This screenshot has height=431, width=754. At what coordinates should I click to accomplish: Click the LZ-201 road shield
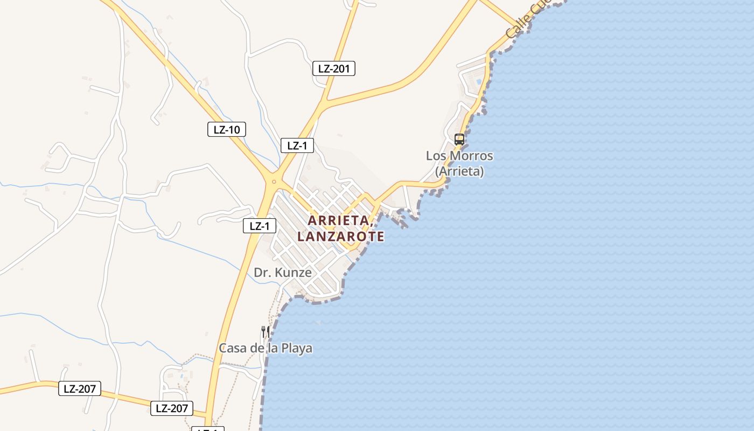[333, 68]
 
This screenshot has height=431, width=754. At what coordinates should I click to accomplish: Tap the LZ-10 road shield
[227, 129]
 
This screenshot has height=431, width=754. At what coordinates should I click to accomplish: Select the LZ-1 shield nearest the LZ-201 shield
[297, 145]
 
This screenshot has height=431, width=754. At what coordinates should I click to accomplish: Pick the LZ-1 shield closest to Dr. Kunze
[260, 226]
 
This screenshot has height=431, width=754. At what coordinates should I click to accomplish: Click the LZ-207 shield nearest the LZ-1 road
[171, 408]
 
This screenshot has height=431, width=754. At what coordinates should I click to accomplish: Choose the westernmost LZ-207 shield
[80, 388]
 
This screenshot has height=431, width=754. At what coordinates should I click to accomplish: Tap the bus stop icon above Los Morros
[459, 139]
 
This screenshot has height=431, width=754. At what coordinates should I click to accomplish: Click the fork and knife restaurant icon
[265, 331]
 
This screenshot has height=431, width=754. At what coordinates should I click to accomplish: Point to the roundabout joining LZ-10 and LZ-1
[274, 182]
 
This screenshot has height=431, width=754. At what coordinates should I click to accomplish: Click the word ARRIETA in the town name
[339, 220]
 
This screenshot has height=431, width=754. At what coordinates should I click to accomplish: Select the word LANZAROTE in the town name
[340, 237]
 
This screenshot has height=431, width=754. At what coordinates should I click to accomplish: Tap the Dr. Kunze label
[283, 273]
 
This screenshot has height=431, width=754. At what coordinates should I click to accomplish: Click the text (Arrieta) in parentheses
[459, 171]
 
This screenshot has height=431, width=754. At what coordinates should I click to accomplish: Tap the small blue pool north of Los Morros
[478, 81]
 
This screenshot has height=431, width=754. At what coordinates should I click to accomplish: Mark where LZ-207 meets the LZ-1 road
[207, 415]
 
